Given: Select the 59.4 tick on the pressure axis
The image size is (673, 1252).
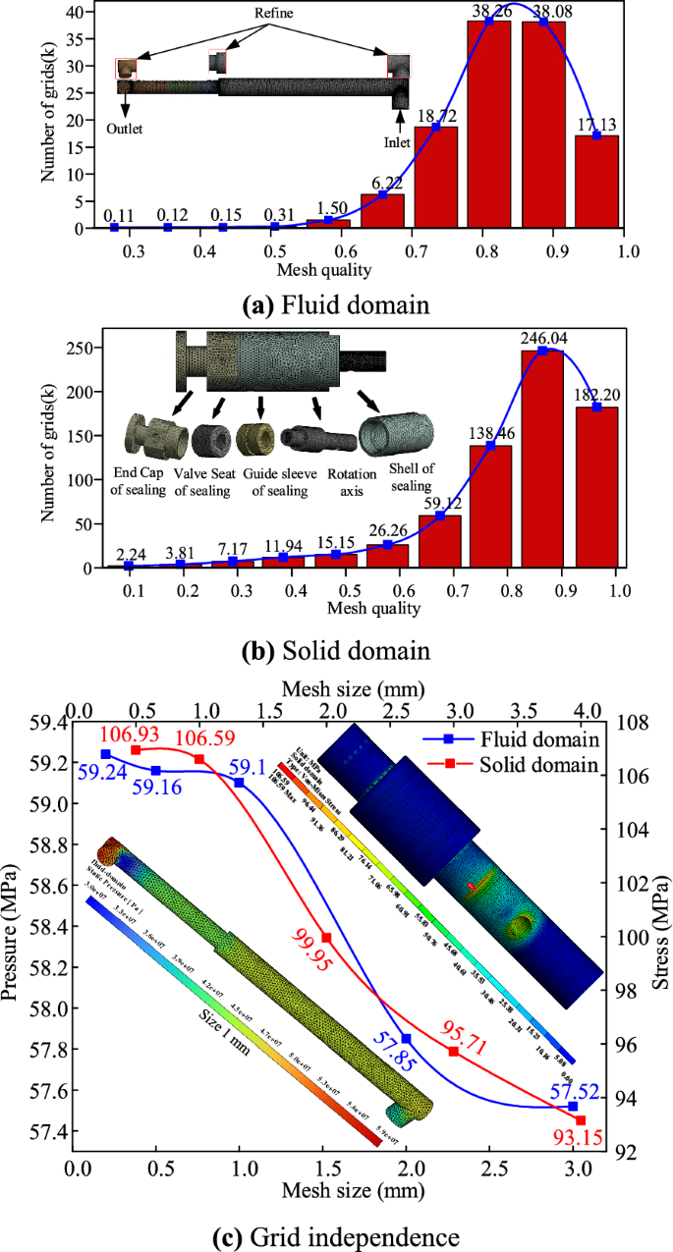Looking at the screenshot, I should (x=43, y=724).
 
